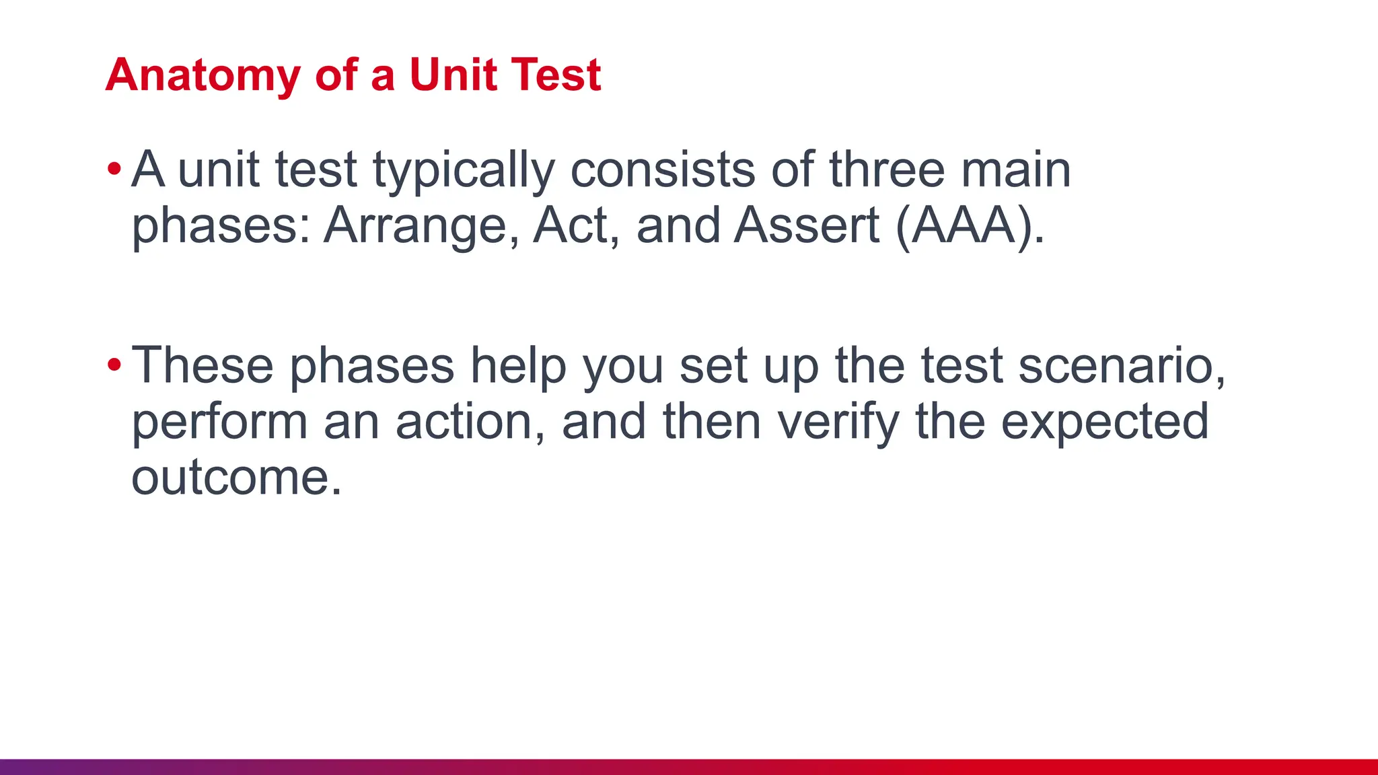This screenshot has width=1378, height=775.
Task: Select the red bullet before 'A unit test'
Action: [x=114, y=169]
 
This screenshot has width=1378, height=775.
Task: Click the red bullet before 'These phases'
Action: [x=114, y=365]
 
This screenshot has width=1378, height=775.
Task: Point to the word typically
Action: [x=464, y=171]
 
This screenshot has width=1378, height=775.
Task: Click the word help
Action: [x=517, y=367]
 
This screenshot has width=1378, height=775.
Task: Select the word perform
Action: [x=219, y=423]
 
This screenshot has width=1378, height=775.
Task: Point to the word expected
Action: [x=1105, y=423]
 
